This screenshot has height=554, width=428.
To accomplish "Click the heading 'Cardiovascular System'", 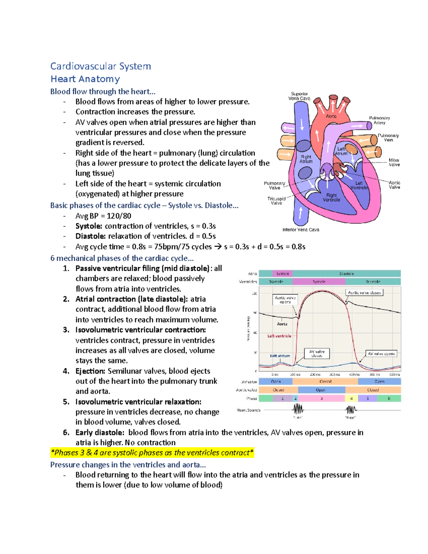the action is click(x=101, y=66).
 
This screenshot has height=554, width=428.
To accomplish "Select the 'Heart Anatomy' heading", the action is click(x=85, y=79).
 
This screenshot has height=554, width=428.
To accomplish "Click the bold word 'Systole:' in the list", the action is click(x=89, y=226).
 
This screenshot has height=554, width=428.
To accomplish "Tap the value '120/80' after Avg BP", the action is click(x=119, y=216).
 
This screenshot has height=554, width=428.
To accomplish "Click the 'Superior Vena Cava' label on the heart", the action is click(x=299, y=96).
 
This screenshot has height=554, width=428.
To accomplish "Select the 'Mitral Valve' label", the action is click(x=394, y=162).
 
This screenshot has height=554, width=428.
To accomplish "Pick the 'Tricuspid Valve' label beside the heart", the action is click(x=276, y=201).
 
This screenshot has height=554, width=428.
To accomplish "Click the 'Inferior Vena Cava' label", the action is click(x=301, y=230).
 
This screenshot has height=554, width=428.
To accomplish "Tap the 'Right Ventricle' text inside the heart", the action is click(x=331, y=198).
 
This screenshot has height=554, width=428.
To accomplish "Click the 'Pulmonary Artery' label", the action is click(x=379, y=120).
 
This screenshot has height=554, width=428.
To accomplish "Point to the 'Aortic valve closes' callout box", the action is click(x=364, y=293).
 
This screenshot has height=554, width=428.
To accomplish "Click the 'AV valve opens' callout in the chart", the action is click(x=381, y=354).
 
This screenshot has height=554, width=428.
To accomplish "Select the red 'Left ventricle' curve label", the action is click(x=279, y=336).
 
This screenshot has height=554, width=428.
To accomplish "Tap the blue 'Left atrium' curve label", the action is click(x=280, y=356).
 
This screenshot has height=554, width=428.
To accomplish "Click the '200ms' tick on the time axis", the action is click(x=315, y=375).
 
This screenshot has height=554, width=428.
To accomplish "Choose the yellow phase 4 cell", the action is click(x=351, y=398).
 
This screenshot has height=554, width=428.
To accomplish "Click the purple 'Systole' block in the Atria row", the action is click(x=283, y=274).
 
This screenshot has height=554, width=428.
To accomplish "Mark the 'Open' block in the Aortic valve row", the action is click(x=321, y=390).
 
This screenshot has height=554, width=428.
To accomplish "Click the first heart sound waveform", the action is click(x=298, y=409).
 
